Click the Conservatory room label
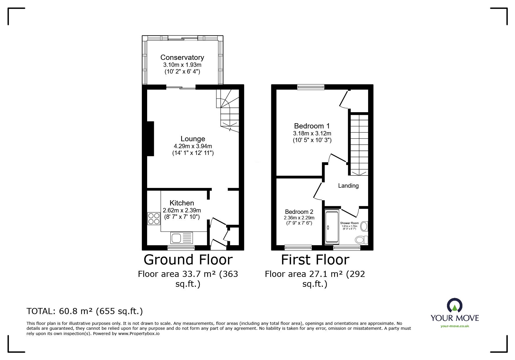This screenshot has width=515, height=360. click(182, 58)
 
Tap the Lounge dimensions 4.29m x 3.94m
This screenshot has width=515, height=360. click(193, 146)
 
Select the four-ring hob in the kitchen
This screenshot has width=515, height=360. click(154, 218)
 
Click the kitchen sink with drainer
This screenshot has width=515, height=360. click(182, 238)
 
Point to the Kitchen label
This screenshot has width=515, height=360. click(182, 203)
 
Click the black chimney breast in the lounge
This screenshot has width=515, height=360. click(150, 139)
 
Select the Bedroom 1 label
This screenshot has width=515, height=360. click(312, 126)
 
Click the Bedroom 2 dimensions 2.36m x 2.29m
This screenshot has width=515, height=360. click(299, 218)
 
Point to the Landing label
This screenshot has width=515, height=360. click(348, 186)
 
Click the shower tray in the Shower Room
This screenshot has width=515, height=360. click(332, 227)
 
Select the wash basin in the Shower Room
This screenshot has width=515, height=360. click(364, 226)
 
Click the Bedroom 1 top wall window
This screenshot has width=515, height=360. click(311, 87)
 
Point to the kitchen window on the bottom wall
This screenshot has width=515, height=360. click(181, 248)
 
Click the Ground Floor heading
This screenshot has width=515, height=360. click(188, 259)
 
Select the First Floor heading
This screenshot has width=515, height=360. click(315, 259)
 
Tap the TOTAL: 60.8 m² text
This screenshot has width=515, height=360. click(85, 311)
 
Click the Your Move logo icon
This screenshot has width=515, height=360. click(455, 306)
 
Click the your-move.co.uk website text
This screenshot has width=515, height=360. click(455, 326)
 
